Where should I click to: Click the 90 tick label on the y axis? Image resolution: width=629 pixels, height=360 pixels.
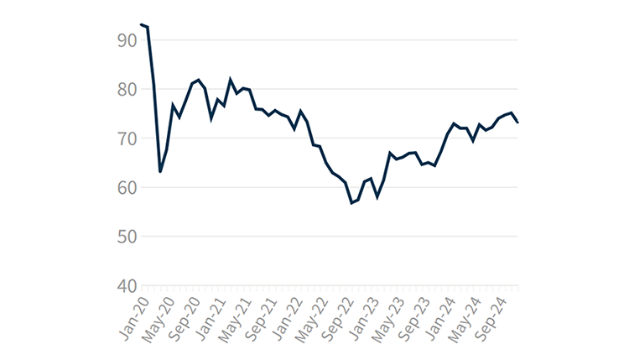click(127, 39)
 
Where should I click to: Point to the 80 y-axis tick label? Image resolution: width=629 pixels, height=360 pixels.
click(127, 89)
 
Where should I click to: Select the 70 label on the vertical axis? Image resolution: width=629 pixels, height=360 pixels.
click(127, 138)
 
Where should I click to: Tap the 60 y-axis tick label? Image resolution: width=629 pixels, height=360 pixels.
click(127, 188)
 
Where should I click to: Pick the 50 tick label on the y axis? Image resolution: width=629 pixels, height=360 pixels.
click(127, 237)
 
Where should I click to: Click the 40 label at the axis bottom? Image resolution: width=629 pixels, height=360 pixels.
click(127, 286)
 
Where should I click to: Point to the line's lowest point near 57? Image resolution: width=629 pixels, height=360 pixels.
click(352, 203)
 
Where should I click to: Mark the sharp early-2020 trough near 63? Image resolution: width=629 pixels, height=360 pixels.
click(160, 172)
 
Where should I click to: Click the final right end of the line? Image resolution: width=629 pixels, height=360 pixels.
click(518, 123)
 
